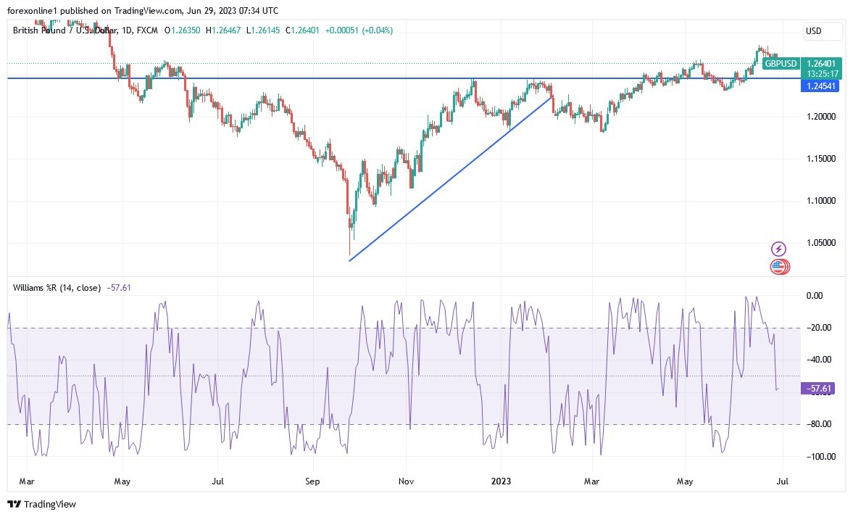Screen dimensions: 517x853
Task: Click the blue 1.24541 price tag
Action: (x=820, y=86)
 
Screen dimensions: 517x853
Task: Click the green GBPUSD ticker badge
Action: (x=781, y=64)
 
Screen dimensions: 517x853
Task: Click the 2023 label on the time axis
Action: (x=501, y=481)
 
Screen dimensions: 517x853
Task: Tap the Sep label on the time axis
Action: (x=312, y=481)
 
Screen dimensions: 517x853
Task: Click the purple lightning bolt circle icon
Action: (x=778, y=249)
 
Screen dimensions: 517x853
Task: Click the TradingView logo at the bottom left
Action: (x=42, y=504)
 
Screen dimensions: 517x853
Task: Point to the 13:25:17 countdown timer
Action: (x=823, y=74)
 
